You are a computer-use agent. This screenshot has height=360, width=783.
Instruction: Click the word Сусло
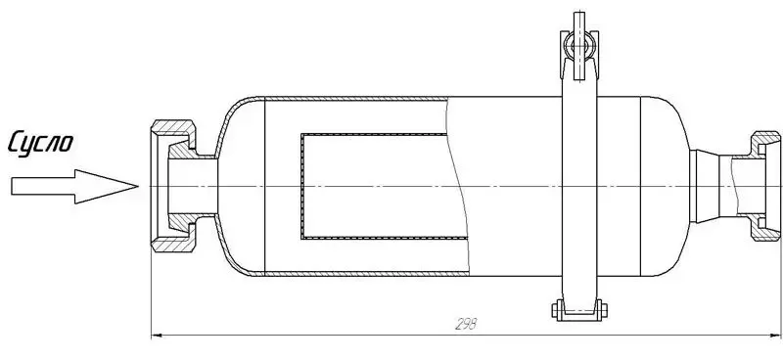pyautogui.click(x=40, y=143)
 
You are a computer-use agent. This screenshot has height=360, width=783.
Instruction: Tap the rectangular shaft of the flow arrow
pyautogui.click(x=43, y=186)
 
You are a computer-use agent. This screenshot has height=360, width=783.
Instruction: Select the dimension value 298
pyautogui.click(x=466, y=324)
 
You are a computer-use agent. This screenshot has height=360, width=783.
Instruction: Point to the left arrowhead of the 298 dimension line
pyautogui.click(x=158, y=336)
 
